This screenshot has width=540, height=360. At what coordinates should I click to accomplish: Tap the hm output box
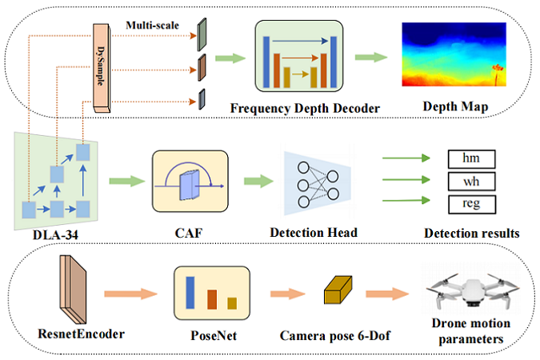(x=468, y=160)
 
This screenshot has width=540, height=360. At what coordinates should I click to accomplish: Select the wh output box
(x=468, y=181)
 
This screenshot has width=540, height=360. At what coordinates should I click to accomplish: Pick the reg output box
(x=468, y=202)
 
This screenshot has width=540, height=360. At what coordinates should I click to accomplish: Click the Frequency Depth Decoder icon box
(x=298, y=56)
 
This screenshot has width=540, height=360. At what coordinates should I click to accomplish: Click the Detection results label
(x=472, y=234)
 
